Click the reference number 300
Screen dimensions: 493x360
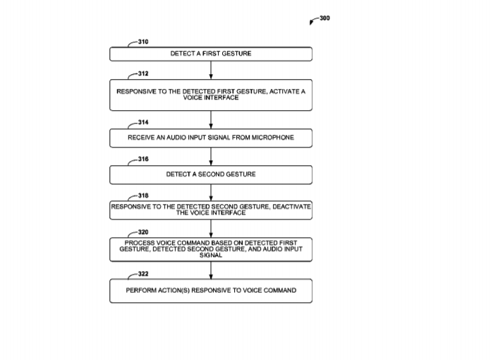pos(325,18)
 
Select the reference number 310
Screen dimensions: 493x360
pos(143,42)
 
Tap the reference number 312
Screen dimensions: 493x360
pos(143,73)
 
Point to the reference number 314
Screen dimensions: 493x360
pos(143,122)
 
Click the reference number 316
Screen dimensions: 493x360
pos(143,160)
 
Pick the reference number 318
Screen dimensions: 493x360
pos(143,196)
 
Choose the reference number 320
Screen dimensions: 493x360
pos(143,232)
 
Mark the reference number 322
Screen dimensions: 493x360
pos(143,274)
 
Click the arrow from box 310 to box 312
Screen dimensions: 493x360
pos(211,70)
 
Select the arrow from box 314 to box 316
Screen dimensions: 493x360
pos(211,157)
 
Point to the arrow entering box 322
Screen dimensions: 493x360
pos(211,270)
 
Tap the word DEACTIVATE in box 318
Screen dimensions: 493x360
pos(291,207)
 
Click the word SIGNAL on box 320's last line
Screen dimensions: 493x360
pos(211,256)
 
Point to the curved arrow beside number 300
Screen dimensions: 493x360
pos(313,20)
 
